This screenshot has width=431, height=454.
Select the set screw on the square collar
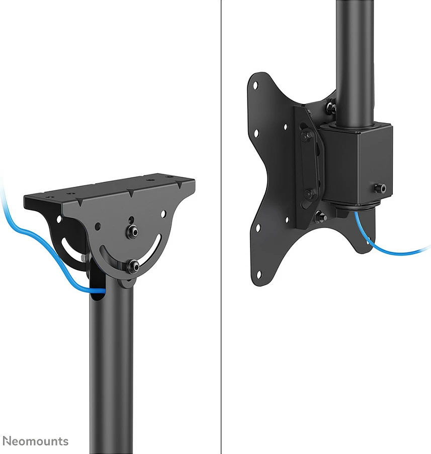click(380, 188)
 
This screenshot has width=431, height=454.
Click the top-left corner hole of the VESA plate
click(255, 85)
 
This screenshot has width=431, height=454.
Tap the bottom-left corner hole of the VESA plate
click(259, 275)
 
